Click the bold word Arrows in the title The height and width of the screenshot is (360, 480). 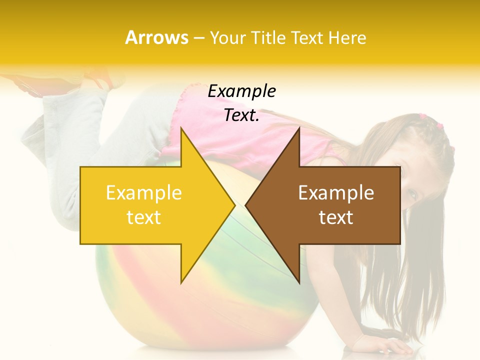click(x=157, y=37)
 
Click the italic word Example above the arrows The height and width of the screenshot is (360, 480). click(x=242, y=91)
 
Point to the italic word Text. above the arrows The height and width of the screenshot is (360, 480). click(x=242, y=115)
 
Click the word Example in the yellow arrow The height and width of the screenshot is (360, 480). click(x=143, y=193)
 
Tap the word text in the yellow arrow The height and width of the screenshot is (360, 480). click(x=143, y=217)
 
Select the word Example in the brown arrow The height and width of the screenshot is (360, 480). click(x=336, y=193)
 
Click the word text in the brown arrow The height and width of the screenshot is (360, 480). click(x=336, y=217)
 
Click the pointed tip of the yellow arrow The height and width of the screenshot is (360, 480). click(x=234, y=205)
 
